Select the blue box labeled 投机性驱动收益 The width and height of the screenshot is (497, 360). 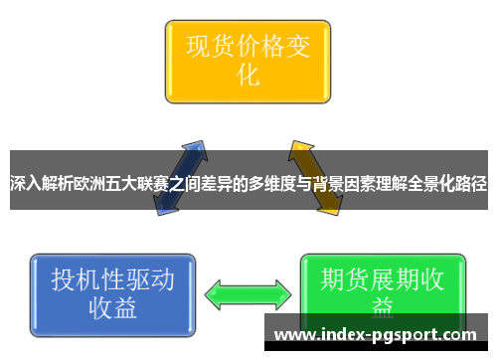point(111,292)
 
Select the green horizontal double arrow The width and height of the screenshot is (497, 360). point(248,294)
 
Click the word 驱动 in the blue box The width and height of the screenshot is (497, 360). point(148,279)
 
